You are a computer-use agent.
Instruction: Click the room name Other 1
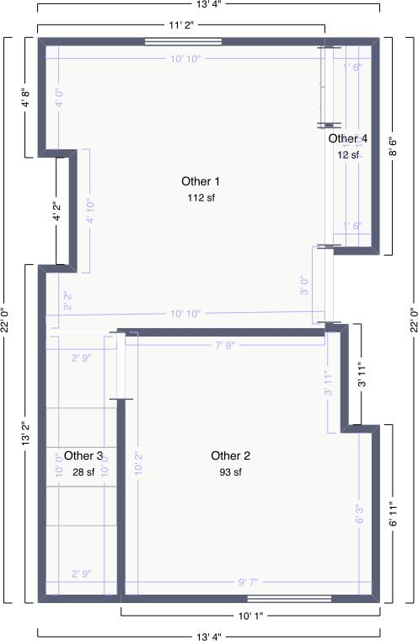click(x=201, y=181)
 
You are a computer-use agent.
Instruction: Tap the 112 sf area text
click(x=201, y=198)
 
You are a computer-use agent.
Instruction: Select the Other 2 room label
click(x=231, y=456)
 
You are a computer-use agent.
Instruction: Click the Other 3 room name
click(x=83, y=456)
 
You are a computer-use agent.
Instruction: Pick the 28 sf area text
click(x=83, y=472)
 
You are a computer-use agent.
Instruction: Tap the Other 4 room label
click(x=348, y=138)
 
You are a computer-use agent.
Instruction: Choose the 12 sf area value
click(x=348, y=154)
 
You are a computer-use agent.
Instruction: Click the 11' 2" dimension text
click(x=181, y=26)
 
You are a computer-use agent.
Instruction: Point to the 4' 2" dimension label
click(x=56, y=211)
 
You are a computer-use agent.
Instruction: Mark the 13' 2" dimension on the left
click(x=25, y=434)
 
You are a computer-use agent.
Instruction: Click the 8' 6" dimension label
click(x=393, y=147)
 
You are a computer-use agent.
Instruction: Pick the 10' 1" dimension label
click(x=252, y=616)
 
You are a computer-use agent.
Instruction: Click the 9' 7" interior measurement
click(x=248, y=582)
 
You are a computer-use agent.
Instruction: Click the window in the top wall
click(x=184, y=40)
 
